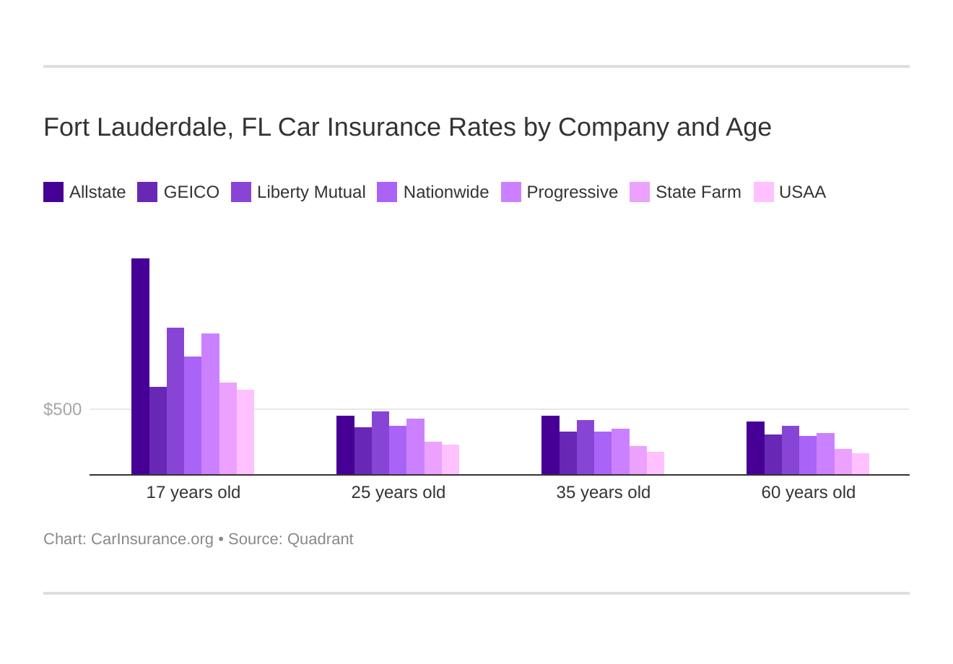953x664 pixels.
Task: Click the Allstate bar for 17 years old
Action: point(140,366)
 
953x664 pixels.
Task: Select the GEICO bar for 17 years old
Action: point(157,431)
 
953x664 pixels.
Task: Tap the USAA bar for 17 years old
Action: point(245,432)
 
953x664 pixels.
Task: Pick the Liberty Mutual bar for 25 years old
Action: point(380,443)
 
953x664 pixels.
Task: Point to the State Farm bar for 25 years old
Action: point(433,458)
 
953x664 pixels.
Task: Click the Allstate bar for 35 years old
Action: point(550,445)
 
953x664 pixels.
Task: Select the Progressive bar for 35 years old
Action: point(620,452)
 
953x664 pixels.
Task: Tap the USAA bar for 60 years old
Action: point(861,464)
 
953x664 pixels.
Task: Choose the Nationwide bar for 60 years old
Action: point(808,455)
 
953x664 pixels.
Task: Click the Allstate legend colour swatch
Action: point(53,192)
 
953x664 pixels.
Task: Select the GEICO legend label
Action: point(191,192)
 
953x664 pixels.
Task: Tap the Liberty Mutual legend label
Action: point(311,192)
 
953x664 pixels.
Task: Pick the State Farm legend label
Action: point(698,192)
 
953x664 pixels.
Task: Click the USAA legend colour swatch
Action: point(763,192)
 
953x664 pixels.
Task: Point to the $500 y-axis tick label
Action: point(63,409)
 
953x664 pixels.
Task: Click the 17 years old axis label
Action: point(193,492)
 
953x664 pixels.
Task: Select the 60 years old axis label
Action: point(808,492)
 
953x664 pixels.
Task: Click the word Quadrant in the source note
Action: point(320,539)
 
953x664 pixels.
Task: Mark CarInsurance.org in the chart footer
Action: point(152,539)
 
